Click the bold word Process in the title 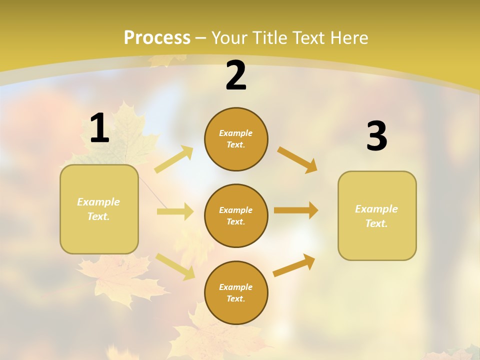point(157,38)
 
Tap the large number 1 point(99,128)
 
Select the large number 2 point(236,76)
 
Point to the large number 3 point(376,136)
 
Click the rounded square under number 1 point(99,209)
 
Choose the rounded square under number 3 point(377,215)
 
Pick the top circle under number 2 point(236,139)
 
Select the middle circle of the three point(236,215)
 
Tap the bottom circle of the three point(236,292)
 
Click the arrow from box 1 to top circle point(174,159)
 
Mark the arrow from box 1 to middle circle point(175,211)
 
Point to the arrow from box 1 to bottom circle point(175,266)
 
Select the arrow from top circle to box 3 point(297,159)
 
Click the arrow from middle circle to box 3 point(296,210)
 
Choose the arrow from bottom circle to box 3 point(294,265)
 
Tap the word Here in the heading point(349,38)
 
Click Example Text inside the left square point(98,209)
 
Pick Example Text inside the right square point(376,216)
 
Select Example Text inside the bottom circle point(235,293)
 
